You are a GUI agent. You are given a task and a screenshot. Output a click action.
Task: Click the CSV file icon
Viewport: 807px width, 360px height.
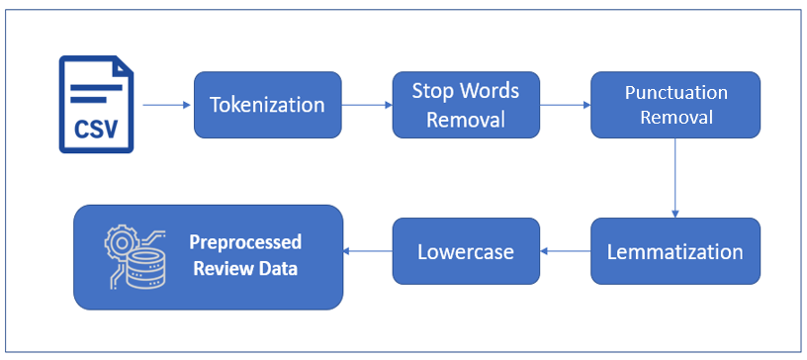96,105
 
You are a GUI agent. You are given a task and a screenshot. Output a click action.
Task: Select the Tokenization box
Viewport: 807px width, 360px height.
267,104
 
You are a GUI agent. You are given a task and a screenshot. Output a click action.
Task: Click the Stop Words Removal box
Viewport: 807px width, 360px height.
466,104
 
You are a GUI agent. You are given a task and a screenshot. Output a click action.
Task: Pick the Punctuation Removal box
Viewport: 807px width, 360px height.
675,104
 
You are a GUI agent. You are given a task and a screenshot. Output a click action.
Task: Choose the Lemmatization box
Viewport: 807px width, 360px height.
675,251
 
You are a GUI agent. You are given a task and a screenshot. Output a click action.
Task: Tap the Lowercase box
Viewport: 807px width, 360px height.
466,251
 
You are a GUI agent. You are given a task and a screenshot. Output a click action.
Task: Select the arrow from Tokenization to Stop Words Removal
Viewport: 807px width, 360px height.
367,104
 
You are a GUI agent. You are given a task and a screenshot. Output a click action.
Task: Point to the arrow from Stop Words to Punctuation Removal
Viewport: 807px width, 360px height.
565,104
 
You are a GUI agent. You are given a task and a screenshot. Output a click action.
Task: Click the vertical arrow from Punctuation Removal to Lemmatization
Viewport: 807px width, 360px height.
675,177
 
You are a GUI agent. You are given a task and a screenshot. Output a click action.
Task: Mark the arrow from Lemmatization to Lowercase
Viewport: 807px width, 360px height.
566,251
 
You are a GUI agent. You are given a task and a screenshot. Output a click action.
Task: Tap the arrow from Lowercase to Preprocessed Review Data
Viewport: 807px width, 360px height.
368,251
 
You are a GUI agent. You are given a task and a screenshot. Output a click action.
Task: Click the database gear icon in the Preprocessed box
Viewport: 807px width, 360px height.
134,256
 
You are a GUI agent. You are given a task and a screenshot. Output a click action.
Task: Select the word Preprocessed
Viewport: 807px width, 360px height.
245,242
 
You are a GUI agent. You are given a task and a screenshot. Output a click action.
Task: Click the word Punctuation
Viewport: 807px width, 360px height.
675,93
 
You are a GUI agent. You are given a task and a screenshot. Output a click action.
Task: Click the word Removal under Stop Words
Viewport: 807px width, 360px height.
466,119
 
